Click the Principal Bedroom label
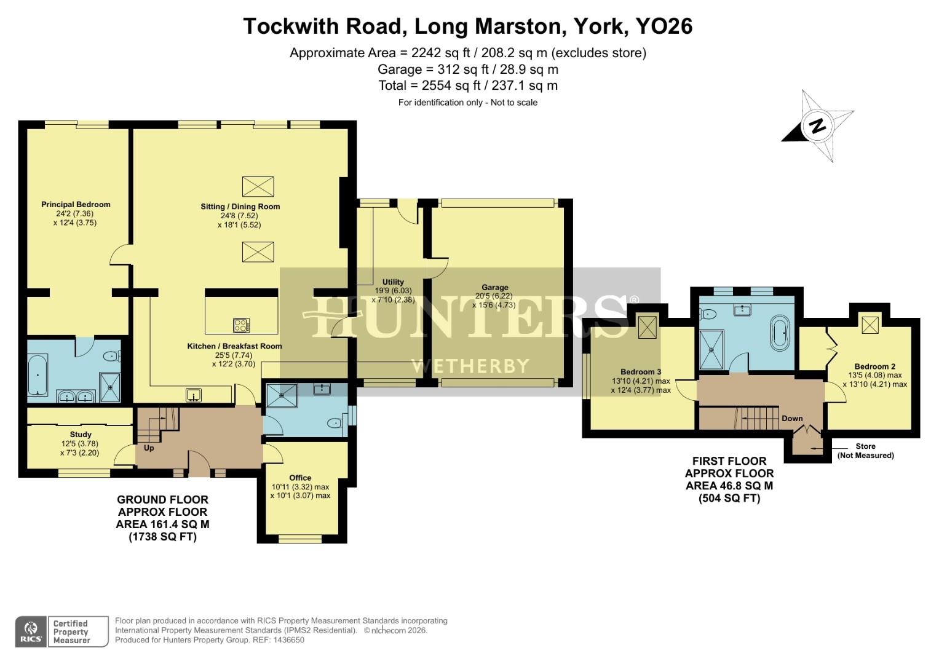tap(76, 205)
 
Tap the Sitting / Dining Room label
tap(240, 207)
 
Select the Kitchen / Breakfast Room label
tap(234, 346)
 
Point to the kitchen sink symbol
tap(194, 394)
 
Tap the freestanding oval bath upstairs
tap(782, 333)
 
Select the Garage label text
tap(494, 287)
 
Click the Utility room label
tap(393, 282)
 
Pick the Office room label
tap(300, 478)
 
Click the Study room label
tap(81, 435)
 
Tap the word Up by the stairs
tap(149, 448)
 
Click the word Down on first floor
tap(792, 419)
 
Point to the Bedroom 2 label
tap(870, 366)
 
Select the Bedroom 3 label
tap(640, 372)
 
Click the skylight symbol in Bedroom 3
tap(648, 327)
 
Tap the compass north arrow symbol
tap(817, 126)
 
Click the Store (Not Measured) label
tap(865, 451)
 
